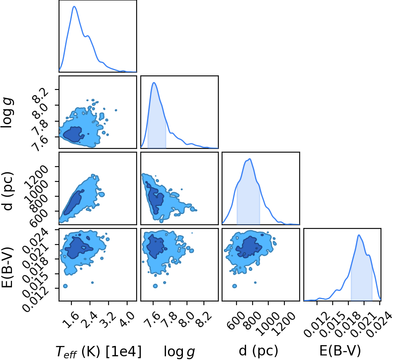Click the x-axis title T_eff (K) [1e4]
pos(99,351)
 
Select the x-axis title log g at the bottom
pos(180,351)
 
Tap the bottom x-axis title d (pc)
pos(258,351)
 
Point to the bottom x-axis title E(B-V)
pos(340,351)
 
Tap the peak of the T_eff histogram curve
pos(74,6)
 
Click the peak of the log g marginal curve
pos(154,82)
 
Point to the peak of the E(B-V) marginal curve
pos(359,235)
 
